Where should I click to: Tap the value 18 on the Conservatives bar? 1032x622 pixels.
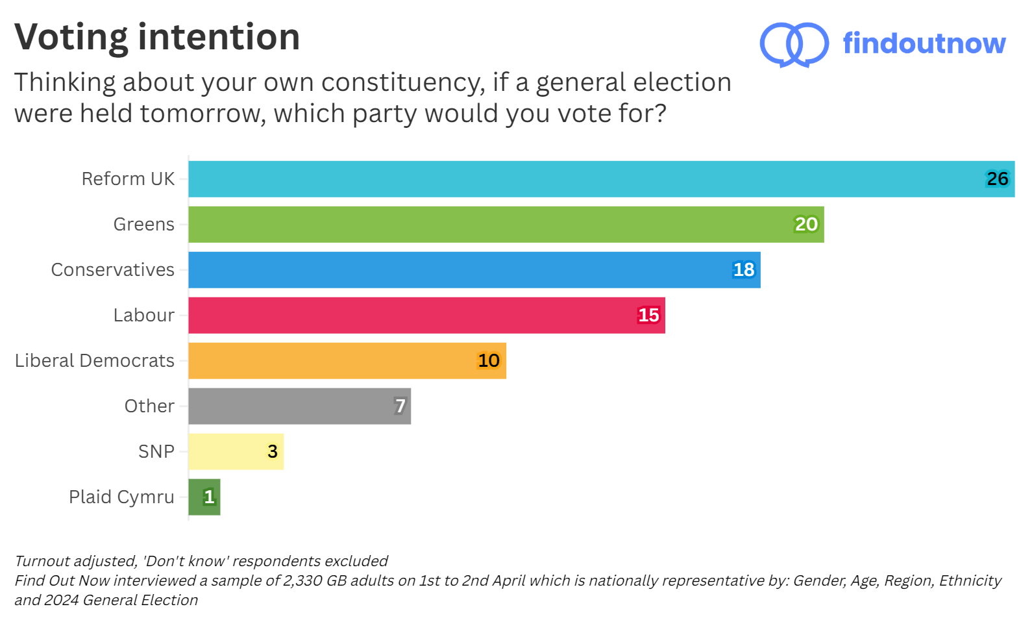[744, 270]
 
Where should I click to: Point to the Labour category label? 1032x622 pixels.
[143, 316]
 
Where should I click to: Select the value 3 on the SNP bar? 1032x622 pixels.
[273, 452]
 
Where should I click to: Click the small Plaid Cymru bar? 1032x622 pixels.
[204, 497]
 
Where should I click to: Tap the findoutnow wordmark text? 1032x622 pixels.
[924, 44]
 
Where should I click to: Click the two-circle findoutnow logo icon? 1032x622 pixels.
[794, 44]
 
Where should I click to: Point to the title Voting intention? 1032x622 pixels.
[157, 37]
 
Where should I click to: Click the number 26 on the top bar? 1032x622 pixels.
[997, 179]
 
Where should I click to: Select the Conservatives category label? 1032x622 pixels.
[112, 270]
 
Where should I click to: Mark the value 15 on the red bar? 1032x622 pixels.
[648, 316]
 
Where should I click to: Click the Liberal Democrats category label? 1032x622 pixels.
[94, 361]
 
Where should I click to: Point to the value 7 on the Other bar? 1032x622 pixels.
[400, 406]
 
